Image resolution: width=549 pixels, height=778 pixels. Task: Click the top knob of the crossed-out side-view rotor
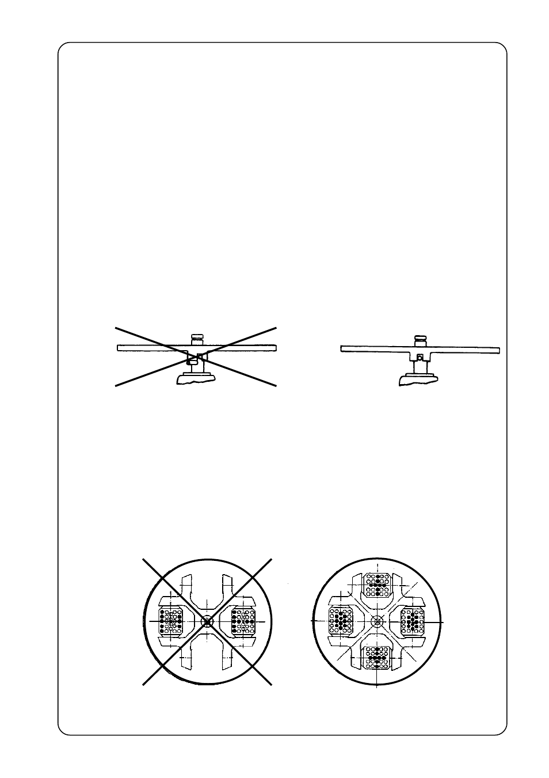click(197, 337)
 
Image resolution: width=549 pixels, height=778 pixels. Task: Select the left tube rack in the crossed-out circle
click(171, 621)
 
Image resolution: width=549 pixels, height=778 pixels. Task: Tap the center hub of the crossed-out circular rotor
click(207, 621)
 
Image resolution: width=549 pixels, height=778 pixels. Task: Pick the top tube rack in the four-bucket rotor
click(377, 585)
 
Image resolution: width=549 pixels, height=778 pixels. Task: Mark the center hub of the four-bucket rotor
click(377, 621)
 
